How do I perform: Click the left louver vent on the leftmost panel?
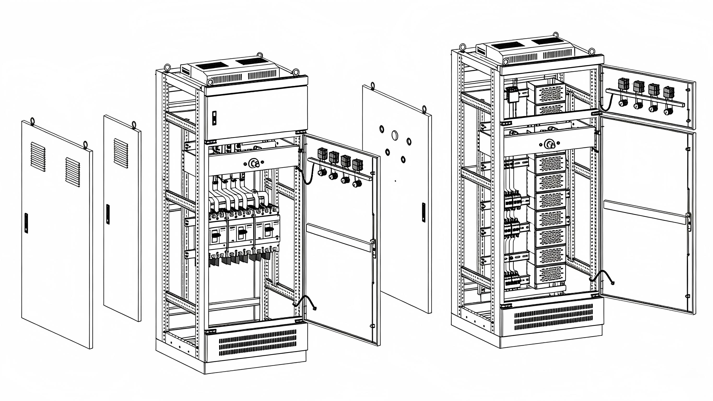tap(38, 157)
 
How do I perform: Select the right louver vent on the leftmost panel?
tap(73, 172)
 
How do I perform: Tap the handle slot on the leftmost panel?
tap(26, 223)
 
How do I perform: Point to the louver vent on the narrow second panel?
tap(121, 153)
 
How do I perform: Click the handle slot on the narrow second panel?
tap(108, 214)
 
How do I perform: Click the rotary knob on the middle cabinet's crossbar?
tap(253, 163)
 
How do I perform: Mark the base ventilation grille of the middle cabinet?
tap(257, 342)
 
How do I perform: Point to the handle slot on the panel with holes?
tap(423, 212)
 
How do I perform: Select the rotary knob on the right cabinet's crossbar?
tap(549, 144)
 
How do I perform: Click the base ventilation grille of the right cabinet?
tap(553, 317)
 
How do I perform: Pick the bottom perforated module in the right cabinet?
tap(550, 274)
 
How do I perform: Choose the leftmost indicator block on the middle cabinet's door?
tap(322, 154)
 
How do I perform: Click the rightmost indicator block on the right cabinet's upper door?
tap(669, 92)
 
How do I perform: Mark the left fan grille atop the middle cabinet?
tap(212, 66)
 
